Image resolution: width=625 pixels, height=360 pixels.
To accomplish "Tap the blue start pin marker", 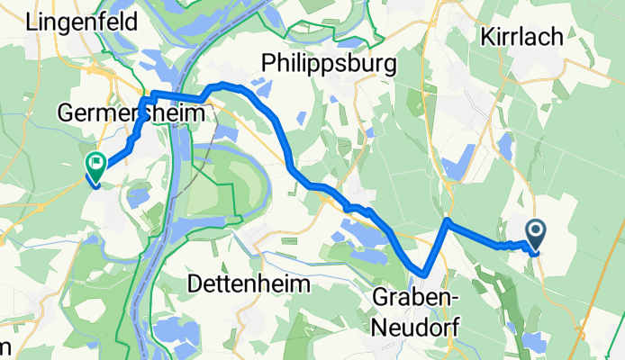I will pos(536,236).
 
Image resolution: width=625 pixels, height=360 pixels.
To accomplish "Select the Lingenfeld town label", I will pos(83,22).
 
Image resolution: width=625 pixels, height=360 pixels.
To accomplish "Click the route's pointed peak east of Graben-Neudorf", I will pos(448,220).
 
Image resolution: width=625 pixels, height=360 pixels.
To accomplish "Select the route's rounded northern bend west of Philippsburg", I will pos(225,85).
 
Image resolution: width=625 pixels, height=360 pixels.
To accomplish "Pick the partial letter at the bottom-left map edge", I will pos(5,348).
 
